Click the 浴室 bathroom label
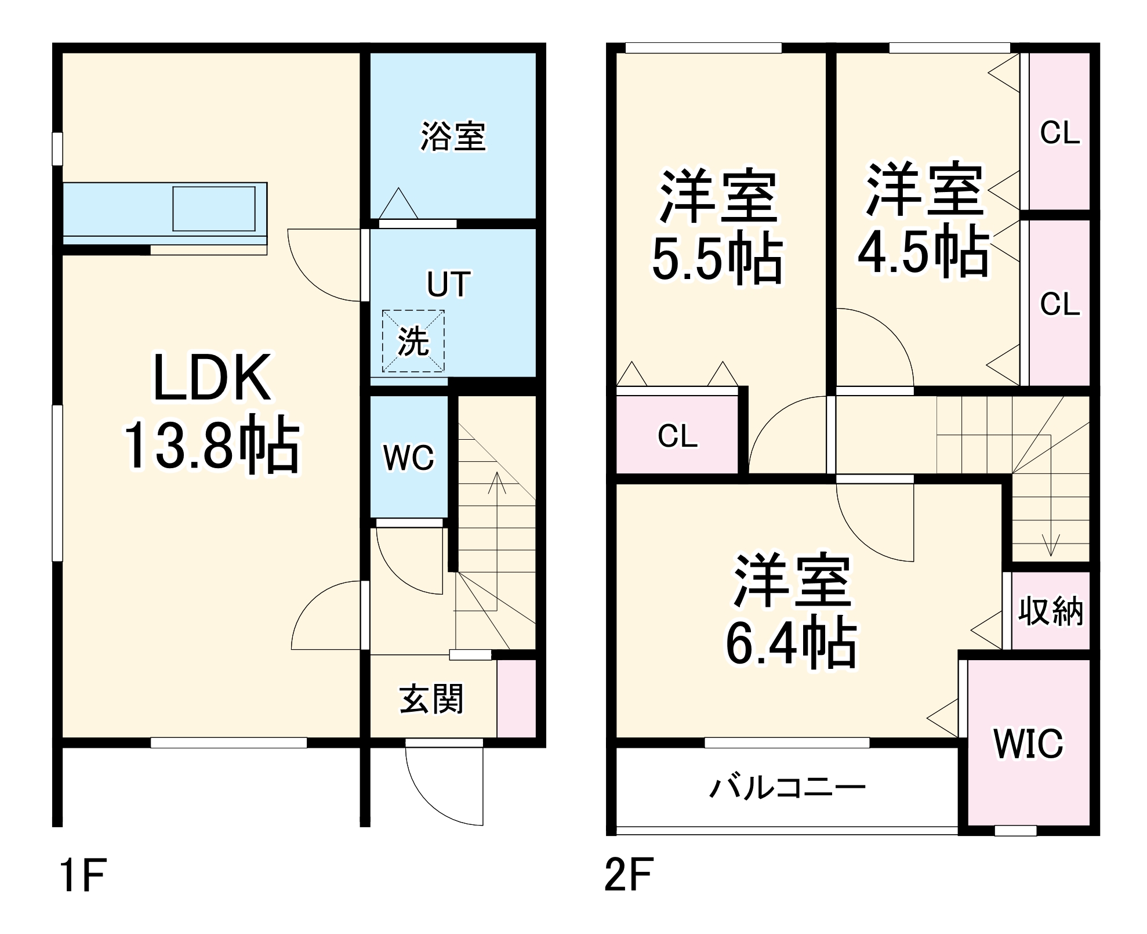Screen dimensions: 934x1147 [x=453, y=136]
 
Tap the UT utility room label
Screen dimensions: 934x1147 [x=448, y=284]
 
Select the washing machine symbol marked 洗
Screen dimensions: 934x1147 [x=413, y=341]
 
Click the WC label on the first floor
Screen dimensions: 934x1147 [x=408, y=458]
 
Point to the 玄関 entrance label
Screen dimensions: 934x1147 [x=431, y=699]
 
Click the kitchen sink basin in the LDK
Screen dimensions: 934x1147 [x=214, y=208]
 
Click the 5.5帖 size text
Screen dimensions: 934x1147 [x=718, y=259]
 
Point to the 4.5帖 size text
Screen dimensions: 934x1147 [x=924, y=251]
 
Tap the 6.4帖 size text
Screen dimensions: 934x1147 [x=792, y=643]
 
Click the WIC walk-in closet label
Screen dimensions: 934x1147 [x=1029, y=743]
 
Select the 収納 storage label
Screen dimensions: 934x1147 [x=1051, y=610]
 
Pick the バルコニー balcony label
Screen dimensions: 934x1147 [x=787, y=788]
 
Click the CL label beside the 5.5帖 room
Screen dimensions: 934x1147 [x=677, y=436]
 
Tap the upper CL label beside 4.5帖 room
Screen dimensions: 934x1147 [x=1059, y=133]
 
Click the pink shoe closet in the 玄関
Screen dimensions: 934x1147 [x=516, y=698]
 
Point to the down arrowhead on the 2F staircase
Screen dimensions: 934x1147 [x=1051, y=549]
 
